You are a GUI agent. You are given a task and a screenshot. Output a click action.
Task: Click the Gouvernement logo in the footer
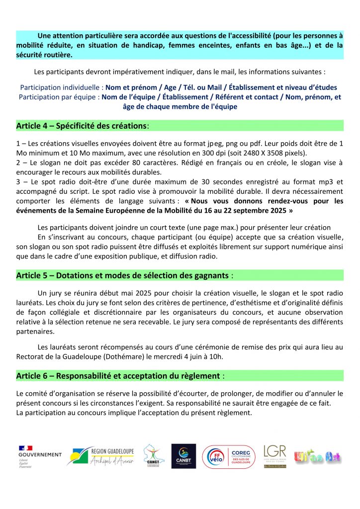tap(40, 456)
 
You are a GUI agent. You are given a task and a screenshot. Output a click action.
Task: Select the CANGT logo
tap(151, 456)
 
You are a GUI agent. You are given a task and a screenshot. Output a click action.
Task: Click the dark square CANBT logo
tap(183, 456)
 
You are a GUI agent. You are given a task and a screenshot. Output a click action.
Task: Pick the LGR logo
tap(274, 456)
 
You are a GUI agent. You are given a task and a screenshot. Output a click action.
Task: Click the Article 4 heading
tap(82, 125)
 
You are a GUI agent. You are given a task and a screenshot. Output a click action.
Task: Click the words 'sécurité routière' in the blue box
tap(44, 55)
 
